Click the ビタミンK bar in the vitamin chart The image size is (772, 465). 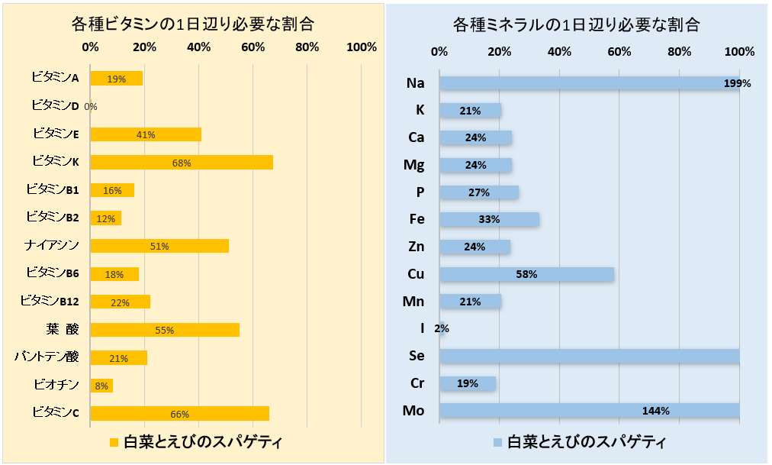click(182, 162)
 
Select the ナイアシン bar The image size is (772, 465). click(159, 246)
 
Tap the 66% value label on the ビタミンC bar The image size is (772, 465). click(179, 414)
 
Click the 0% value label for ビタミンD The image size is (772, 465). click(91, 107)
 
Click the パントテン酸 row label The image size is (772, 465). click(47, 357)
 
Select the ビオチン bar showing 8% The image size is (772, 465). click(101, 386)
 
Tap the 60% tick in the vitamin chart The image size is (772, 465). click(253, 47)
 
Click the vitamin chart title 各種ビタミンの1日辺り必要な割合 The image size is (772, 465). click(193, 24)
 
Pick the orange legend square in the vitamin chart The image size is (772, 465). click(114, 442)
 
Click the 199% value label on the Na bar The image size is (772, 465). click(737, 83)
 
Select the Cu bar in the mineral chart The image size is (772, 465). click(526, 273)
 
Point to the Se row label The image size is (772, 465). click(417, 357)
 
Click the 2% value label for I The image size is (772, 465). click(442, 329)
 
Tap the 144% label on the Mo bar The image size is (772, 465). click(655, 411)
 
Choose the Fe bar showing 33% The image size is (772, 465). click(489, 219)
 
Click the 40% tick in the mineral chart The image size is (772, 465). click(559, 52)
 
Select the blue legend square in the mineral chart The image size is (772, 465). click(497, 442)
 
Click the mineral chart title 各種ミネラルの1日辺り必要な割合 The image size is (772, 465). click(577, 24)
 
